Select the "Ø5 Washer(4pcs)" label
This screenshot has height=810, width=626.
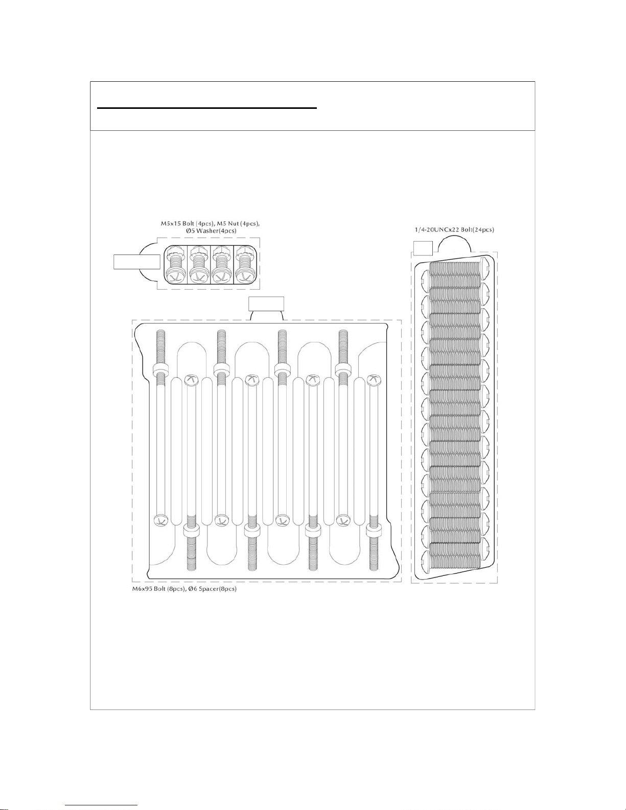click(211, 231)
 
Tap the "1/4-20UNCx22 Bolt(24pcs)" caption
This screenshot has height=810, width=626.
click(454, 230)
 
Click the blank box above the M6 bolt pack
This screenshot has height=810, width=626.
click(266, 303)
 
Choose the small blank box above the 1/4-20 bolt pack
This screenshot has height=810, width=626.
click(423, 248)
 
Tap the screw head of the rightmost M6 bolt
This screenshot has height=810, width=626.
click(375, 379)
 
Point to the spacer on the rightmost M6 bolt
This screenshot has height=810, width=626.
click(375, 531)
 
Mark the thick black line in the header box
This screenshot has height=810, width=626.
click(207, 108)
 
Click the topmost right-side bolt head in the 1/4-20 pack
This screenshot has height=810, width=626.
click(484, 266)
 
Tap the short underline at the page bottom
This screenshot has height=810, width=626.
click(101, 805)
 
